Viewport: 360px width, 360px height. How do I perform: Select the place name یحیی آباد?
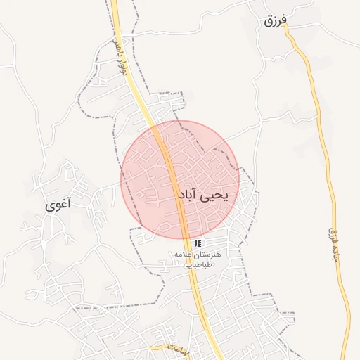point(203,195)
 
